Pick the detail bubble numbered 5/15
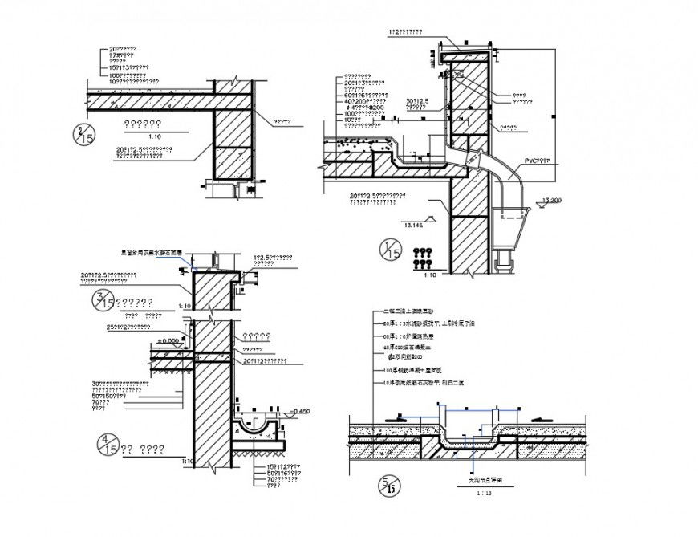click(x=388, y=485)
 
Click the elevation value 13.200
click(x=551, y=200)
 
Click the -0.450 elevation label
click(x=301, y=412)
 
